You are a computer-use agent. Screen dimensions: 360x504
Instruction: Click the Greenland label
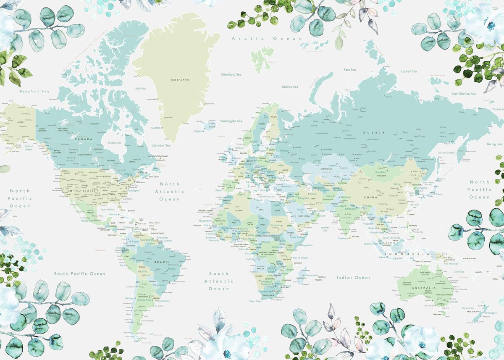pos(180,79)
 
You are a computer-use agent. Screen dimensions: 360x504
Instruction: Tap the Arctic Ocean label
pos(267,39)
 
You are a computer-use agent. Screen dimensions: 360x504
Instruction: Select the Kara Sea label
pos(349,69)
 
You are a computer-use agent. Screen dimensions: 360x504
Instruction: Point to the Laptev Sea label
pos(409,71)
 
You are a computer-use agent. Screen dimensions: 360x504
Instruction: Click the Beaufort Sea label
pos(34,91)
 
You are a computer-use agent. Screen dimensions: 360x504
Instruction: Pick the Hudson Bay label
pos(114,143)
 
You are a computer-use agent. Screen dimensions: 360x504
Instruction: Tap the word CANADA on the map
pos(83,139)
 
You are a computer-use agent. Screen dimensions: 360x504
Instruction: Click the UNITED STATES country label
pos(79,191)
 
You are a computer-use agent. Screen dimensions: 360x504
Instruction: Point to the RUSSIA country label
pos(374,133)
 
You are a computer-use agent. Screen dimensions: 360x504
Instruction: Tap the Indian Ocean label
pos(353,277)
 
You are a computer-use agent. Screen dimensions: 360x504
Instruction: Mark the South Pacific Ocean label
pos(79,273)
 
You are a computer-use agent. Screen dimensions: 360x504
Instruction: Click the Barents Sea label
pos(289,87)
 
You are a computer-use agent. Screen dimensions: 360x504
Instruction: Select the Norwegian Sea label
pos(231,121)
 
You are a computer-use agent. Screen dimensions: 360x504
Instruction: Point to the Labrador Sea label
pos(161,145)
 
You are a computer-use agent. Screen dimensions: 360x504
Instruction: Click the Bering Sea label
pos(494,144)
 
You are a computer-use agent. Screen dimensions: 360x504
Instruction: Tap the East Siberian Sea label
pos(464,94)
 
